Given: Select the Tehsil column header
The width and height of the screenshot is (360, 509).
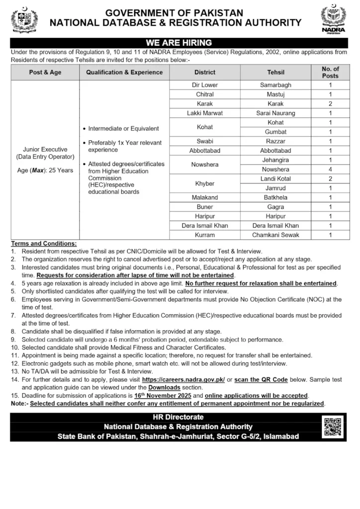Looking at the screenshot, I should (x=275, y=72).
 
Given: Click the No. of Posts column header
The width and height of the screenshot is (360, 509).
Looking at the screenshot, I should (x=330, y=72).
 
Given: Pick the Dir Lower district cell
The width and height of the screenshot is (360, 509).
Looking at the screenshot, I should (x=205, y=85).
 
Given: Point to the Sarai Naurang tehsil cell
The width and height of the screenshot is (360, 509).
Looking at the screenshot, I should (x=275, y=113).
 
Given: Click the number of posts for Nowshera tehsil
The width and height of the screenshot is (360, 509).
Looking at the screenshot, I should (x=330, y=170).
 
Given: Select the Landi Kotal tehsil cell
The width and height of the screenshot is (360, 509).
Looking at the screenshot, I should (x=275, y=178).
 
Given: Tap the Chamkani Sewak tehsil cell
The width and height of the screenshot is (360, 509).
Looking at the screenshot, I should (x=275, y=235).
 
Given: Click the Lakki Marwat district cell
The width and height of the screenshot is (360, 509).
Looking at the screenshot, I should (x=205, y=113).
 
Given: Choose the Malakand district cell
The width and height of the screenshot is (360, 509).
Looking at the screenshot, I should (x=205, y=197).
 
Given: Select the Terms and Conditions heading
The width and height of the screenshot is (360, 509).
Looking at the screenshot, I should (x=44, y=244).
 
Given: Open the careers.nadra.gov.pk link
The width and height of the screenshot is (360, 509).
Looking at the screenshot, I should (x=183, y=379).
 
